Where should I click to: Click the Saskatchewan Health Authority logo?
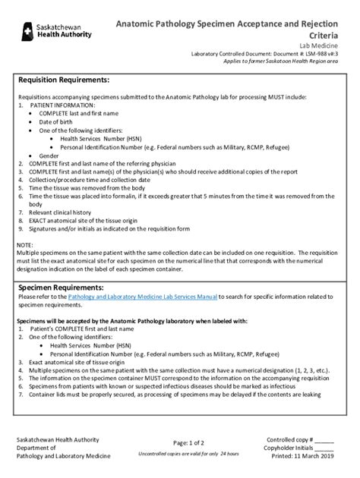coord(56,30)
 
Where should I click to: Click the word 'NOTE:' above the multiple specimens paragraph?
coord(26,245)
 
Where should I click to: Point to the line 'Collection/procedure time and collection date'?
coord(90,180)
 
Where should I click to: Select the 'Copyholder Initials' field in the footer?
coord(300,448)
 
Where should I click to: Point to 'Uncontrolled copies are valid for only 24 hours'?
coord(188,453)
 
